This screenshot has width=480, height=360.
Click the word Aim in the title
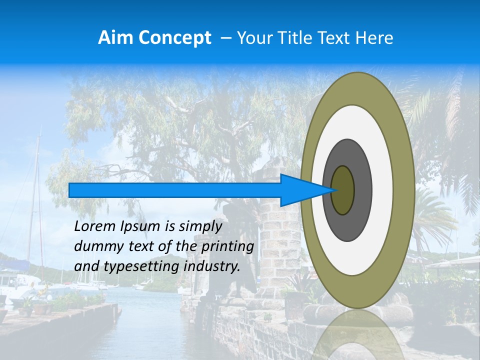pyautogui.click(x=115, y=38)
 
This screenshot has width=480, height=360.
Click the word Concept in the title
pyautogui.click(x=174, y=38)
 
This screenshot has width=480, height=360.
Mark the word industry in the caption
pyautogui.click(x=212, y=266)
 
